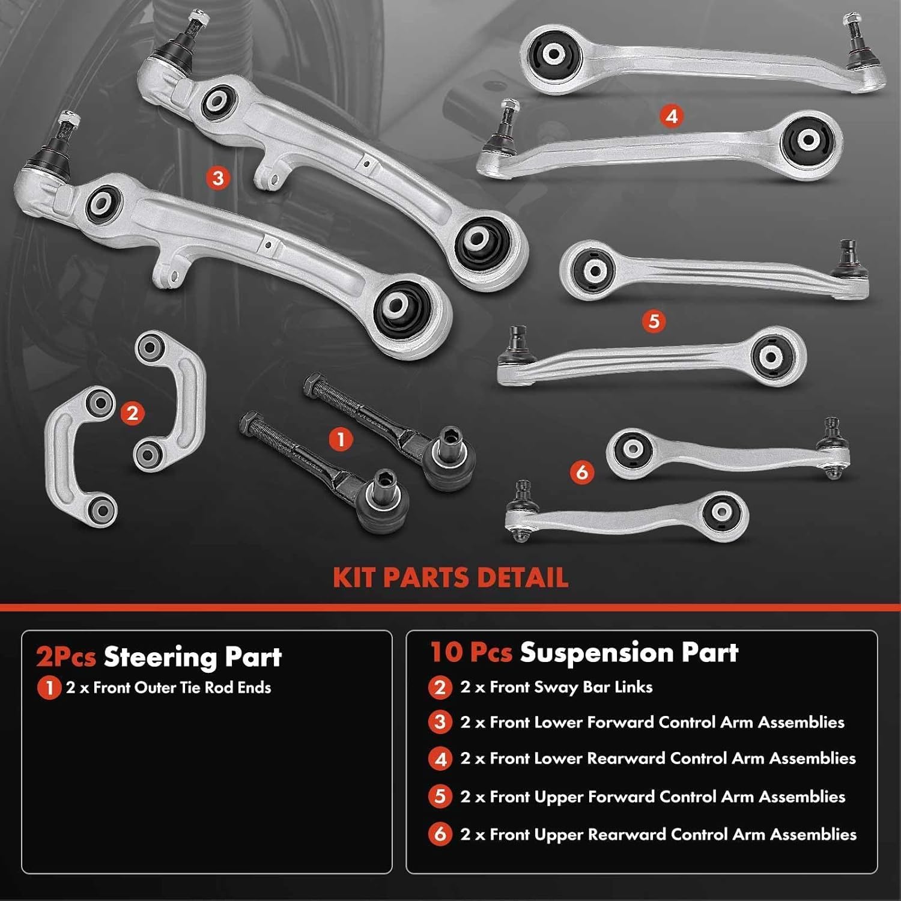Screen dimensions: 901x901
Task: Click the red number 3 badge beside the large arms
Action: (218, 178)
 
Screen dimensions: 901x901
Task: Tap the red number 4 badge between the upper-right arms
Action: (671, 116)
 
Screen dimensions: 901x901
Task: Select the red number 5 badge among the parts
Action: (654, 321)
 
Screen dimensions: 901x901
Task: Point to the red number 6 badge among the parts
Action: (581, 472)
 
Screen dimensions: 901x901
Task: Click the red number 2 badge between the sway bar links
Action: (132, 413)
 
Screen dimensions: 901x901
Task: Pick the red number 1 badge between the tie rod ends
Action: (341, 440)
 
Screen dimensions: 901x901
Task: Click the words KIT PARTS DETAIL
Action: (450, 578)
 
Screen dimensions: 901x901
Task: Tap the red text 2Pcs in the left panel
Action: (66, 657)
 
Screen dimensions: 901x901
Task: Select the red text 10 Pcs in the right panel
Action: (471, 653)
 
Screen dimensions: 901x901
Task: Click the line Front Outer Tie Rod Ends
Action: (169, 688)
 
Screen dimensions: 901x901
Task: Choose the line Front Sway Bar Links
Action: (556, 687)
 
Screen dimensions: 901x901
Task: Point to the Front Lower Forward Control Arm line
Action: (652, 723)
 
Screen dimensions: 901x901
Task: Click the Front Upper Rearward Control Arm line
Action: (658, 834)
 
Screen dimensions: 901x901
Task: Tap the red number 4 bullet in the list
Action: (440, 759)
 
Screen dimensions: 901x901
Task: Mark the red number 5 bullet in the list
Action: (440, 797)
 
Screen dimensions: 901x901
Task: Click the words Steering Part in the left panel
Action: (192, 657)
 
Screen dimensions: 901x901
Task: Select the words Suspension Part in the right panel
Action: (629, 653)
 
